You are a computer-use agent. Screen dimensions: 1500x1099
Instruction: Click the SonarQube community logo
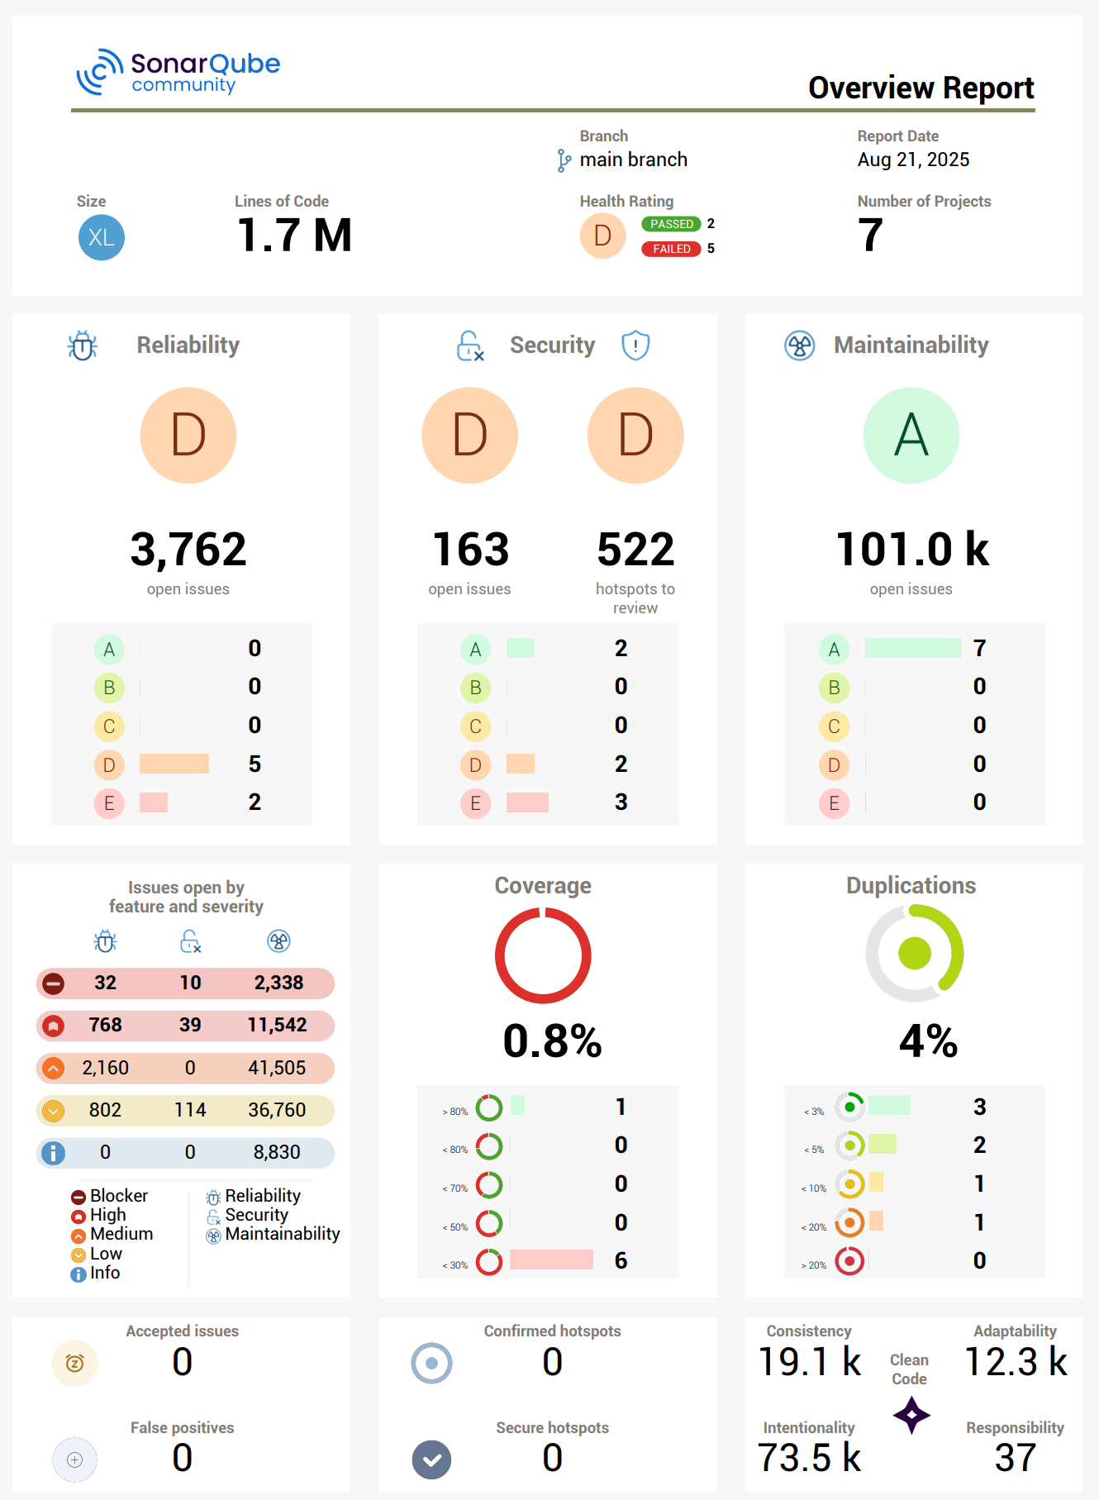(178, 72)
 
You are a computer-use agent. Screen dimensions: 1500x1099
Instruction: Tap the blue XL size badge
(102, 238)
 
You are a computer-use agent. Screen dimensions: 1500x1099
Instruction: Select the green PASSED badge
(671, 224)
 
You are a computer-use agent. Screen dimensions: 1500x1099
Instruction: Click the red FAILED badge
(671, 249)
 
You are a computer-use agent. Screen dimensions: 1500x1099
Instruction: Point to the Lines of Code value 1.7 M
(294, 236)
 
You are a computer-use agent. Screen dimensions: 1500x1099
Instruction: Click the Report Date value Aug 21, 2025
(913, 160)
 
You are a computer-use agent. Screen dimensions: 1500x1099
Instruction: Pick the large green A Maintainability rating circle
(911, 436)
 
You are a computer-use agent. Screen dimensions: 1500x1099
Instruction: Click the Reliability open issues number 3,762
(188, 550)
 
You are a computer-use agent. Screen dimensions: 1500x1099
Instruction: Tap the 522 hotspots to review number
(635, 550)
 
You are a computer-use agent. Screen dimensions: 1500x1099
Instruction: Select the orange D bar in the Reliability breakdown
(174, 764)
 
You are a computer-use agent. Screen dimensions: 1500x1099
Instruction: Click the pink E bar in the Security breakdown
(527, 802)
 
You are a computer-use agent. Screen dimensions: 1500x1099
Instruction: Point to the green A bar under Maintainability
(913, 648)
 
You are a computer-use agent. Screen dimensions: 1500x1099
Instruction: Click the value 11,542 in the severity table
(277, 1026)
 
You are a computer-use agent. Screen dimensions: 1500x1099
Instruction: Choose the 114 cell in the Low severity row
(190, 1110)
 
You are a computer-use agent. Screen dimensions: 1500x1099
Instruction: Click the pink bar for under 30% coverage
(551, 1260)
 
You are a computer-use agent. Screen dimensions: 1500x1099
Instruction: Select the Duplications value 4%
(928, 1040)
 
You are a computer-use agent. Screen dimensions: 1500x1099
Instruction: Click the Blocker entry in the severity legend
(110, 1196)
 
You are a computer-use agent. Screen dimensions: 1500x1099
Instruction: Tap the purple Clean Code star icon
(911, 1416)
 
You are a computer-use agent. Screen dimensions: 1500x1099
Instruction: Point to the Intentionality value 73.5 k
(809, 1458)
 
